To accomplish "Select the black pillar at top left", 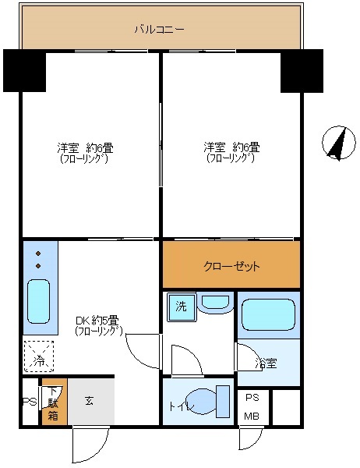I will tap(24, 70).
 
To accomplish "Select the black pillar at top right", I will tap(302, 70).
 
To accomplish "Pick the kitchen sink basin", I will tap(39, 302).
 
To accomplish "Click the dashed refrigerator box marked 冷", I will tap(38, 356).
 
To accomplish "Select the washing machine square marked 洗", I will tap(181, 307).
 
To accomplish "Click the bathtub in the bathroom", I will tap(268, 315).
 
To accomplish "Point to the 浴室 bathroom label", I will tap(265, 363).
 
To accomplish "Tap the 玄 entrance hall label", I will tap(90, 401).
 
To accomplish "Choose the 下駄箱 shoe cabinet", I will tap(53, 403).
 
